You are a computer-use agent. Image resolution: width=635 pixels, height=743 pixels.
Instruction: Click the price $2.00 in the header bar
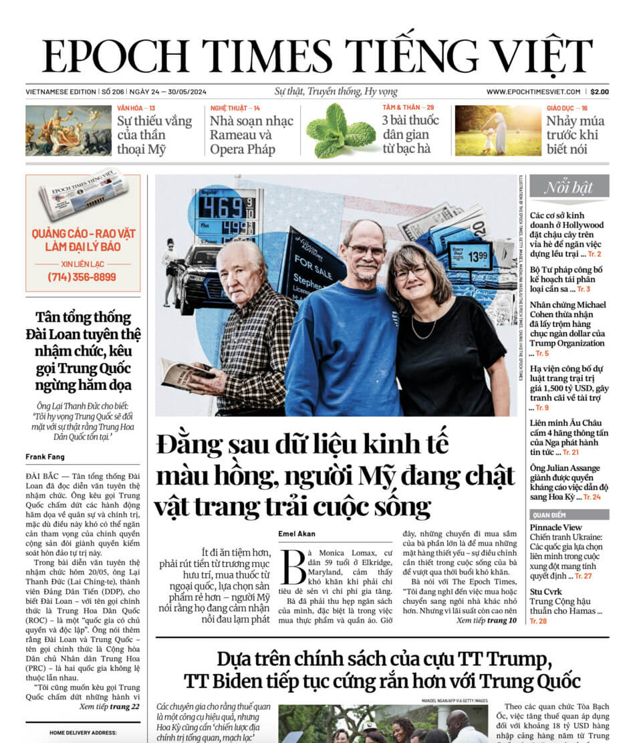[x=599, y=92]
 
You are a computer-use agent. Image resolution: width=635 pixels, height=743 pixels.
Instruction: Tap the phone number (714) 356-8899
[x=82, y=277]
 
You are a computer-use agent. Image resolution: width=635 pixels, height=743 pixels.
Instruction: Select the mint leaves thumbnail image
[x=340, y=130]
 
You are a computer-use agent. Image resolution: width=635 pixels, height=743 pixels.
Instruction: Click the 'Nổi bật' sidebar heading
[x=569, y=187]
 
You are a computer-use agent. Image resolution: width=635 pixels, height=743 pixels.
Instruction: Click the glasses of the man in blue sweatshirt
[x=366, y=251]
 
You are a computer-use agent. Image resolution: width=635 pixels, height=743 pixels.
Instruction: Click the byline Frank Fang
[x=45, y=457]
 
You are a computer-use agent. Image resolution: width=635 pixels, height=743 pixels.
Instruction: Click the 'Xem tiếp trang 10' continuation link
[x=486, y=621]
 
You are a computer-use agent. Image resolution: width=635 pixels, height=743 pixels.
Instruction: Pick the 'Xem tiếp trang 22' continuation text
[x=109, y=706]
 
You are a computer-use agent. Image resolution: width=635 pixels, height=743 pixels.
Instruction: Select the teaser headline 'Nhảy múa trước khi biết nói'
[x=574, y=135]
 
